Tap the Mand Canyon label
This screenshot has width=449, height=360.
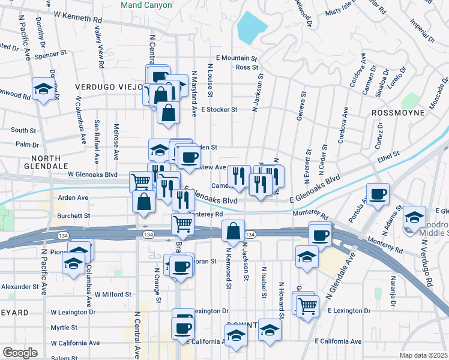click(x=146, y=5)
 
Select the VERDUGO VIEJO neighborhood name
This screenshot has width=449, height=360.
click(x=107, y=87)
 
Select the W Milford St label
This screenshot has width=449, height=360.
click(x=113, y=295)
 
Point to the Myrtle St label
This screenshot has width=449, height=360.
click(x=63, y=328)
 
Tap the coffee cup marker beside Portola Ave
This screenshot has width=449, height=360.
click(x=378, y=194)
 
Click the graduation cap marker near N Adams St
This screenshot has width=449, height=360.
click(x=414, y=217)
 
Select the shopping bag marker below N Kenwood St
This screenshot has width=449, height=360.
click(x=232, y=230)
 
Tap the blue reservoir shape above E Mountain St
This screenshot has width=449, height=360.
click(x=252, y=28)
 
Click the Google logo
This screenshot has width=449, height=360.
click(x=20, y=353)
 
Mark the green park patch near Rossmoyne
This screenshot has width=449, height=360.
click(x=411, y=100)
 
